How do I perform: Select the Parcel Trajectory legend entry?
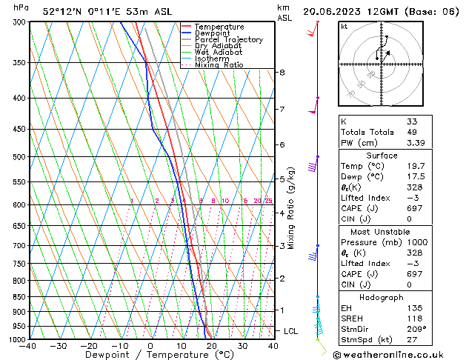click(228, 40)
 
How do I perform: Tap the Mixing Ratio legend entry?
click(219, 65)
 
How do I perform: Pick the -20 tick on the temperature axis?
click(88, 346)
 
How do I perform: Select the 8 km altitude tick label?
click(282, 73)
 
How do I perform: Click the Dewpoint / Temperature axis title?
click(150, 356)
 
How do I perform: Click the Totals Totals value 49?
click(412, 132)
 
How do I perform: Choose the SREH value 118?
click(413, 318)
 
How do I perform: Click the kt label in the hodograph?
click(344, 26)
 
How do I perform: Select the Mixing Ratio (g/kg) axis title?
click(292, 207)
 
